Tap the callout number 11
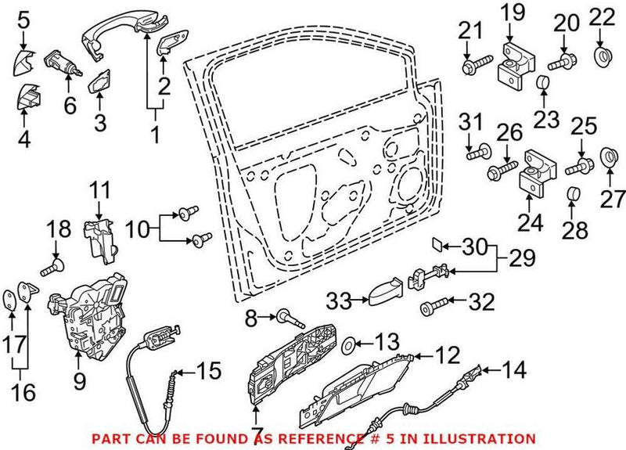pos(99,189)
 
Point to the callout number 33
pos(340,299)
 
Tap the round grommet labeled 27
pos(609,159)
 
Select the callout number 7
pos(256,431)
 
